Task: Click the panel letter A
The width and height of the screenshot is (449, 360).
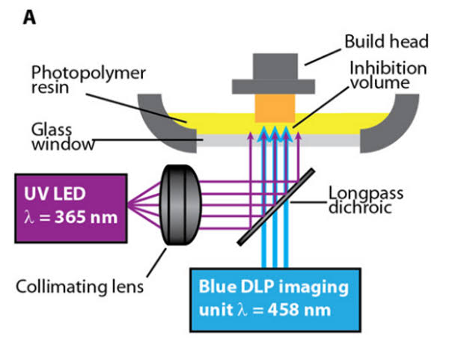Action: point(29,16)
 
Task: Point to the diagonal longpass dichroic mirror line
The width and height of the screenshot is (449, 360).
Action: point(274,206)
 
